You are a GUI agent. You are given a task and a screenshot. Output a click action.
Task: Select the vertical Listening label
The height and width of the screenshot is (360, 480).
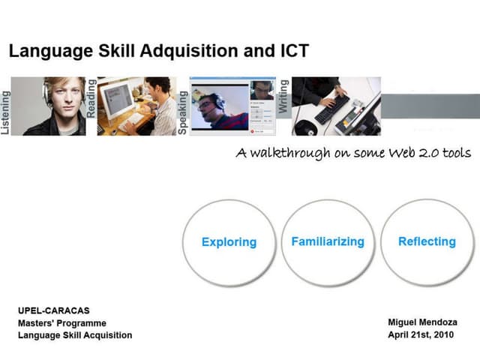click(x=6, y=112)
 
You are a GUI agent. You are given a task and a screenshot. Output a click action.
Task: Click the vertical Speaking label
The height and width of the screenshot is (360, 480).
click(x=183, y=112)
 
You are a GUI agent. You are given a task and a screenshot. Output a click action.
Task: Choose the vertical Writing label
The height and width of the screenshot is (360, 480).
click(x=283, y=96)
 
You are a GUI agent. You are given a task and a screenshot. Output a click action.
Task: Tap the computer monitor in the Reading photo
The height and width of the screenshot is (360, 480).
click(x=117, y=98)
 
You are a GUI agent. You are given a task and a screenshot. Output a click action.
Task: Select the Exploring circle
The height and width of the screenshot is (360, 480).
click(x=229, y=242)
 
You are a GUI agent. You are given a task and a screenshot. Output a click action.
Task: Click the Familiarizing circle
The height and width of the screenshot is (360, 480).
click(x=327, y=241)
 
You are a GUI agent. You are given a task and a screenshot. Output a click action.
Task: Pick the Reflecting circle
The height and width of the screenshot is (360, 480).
click(x=427, y=241)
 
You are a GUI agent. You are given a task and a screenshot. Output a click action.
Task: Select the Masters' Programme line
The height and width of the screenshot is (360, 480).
click(x=61, y=322)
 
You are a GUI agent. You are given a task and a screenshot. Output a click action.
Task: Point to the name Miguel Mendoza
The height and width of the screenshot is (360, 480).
click(x=422, y=322)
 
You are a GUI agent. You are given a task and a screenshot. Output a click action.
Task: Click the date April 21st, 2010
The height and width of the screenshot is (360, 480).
click(x=421, y=334)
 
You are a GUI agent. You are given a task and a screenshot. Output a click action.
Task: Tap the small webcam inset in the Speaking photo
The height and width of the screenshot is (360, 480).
click(x=262, y=90)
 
